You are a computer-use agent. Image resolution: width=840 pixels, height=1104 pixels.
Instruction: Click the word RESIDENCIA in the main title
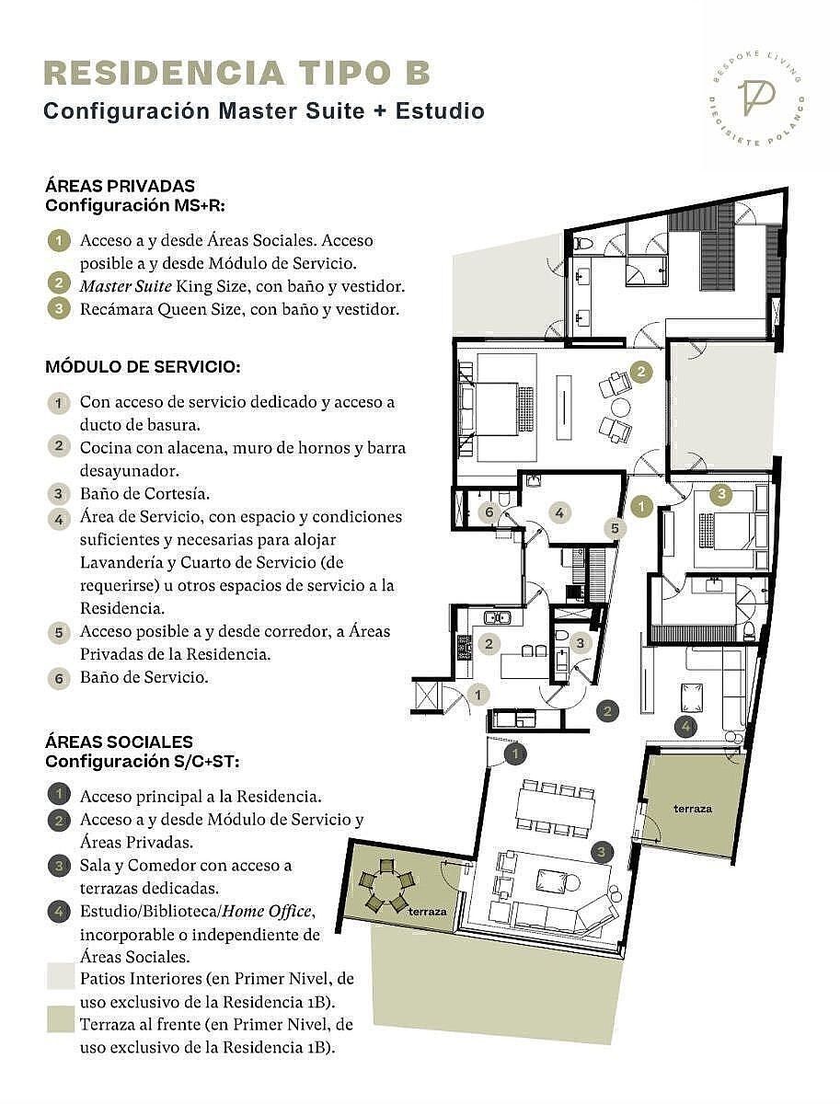coord(164,74)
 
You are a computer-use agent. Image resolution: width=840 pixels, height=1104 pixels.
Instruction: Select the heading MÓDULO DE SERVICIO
coord(143,367)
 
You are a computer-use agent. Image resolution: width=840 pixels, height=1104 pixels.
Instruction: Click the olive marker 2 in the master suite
coord(641,373)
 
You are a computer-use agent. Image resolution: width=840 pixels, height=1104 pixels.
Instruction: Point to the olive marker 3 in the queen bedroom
coord(721,493)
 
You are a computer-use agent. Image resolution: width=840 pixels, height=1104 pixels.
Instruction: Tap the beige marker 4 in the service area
coord(559,513)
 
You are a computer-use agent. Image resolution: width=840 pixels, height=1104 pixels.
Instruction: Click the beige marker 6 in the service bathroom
coord(489,512)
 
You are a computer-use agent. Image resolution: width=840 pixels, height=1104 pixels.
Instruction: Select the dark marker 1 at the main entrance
coord(515,753)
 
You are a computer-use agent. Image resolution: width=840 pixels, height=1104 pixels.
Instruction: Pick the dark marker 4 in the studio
coord(685,726)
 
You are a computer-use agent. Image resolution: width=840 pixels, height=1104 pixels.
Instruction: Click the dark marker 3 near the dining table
coord(601,852)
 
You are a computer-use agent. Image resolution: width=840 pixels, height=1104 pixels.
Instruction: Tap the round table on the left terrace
coord(386,886)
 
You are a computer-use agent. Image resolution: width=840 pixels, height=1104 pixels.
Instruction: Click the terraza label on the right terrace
coord(693,809)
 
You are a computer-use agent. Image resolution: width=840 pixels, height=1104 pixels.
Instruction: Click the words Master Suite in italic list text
coord(126,286)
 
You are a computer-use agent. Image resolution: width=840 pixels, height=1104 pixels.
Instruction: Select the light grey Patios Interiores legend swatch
coord(61,977)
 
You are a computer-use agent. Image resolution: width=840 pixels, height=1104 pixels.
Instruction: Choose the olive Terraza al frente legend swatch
coord(61,1019)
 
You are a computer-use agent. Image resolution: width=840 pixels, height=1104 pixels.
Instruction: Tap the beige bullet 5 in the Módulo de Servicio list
coord(59,633)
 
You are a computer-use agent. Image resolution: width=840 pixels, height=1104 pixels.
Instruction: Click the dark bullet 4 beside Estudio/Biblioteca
coord(59,912)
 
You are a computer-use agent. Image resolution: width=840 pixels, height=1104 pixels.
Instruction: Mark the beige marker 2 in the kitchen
coord(489,643)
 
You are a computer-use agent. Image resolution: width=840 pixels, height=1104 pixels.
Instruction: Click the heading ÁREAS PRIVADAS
coord(120,186)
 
